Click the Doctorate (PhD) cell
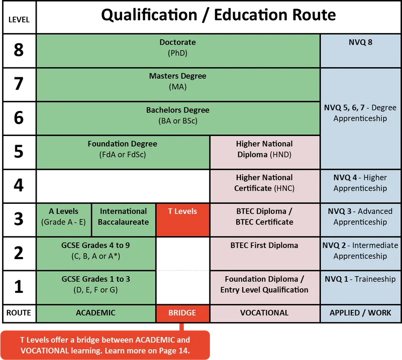pos(178,51)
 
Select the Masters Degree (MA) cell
pos(178,84)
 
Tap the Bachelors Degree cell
pos(178,118)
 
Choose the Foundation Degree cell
pos(123,152)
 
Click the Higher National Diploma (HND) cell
pos(265,152)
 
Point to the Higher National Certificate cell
pos(265,186)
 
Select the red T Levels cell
pos(183,220)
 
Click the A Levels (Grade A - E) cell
pos(64,220)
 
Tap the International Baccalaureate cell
pos(124,220)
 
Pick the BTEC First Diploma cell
pos(265,254)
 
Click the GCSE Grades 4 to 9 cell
pos(96,254)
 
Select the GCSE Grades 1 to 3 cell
pos(96,287)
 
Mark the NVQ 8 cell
pos(360,51)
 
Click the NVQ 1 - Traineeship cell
pos(360,287)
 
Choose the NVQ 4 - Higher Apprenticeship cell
pos(360,186)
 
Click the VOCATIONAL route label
pos(265,313)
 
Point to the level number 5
pos(19,152)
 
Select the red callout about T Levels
pos(105,345)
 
